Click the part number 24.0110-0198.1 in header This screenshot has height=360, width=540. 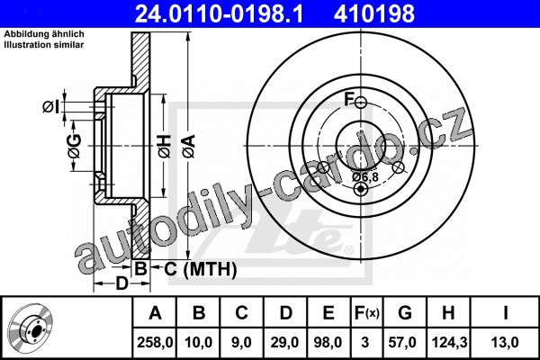219,13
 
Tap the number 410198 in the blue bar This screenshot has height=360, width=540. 374,13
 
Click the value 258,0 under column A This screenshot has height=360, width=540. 155,342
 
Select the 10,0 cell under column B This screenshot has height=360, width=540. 198,342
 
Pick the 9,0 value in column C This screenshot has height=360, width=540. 241,342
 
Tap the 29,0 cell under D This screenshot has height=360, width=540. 284,342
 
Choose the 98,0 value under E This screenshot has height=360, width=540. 328,342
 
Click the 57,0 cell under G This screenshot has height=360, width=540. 402,342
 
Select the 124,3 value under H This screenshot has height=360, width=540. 448,342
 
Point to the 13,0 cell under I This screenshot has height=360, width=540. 505,342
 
